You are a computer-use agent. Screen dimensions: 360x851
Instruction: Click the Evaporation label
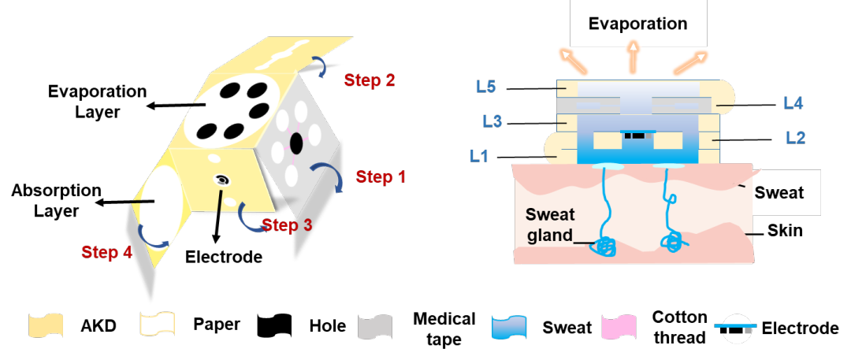tap(637, 23)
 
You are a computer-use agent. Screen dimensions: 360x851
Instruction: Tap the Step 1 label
tap(381, 177)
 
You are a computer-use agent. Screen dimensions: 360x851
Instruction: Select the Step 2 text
tap(370, 80)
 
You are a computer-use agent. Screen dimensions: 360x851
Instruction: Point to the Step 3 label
tap(287, 226)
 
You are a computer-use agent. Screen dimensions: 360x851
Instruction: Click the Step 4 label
tap(106, 252)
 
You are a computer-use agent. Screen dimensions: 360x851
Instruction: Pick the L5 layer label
tap(485, 87)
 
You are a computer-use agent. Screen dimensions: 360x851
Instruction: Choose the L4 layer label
tap(793, 102)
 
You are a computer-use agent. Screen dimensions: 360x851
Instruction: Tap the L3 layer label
tap(492, 121)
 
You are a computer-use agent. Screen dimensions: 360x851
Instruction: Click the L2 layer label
tap(795, 138)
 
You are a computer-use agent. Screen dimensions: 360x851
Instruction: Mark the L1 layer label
tap(479, 156)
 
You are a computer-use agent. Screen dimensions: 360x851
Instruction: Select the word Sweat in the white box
tap(779, 193)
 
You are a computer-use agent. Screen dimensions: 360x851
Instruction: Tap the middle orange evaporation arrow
tap(632, 59)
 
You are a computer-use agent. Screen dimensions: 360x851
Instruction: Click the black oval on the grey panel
tap(296, 144)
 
